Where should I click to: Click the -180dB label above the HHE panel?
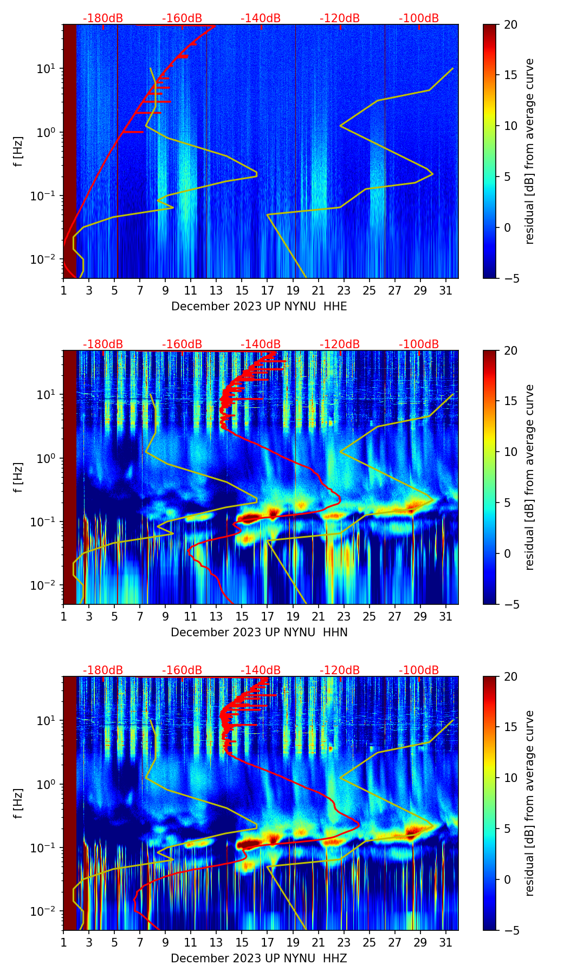103,18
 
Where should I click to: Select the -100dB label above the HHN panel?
419,344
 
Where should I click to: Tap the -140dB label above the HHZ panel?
261,670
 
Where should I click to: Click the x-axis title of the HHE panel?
259,307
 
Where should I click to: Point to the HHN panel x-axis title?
259,633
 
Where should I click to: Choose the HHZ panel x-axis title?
259,959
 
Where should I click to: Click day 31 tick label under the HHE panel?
445,291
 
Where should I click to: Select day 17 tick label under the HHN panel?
267,617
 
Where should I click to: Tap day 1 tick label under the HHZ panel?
63,943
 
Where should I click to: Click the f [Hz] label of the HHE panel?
19,151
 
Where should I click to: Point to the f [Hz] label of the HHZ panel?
19,803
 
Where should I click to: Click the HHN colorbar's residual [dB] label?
529,477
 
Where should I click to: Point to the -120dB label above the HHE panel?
340,18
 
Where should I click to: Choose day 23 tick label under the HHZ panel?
344,943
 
